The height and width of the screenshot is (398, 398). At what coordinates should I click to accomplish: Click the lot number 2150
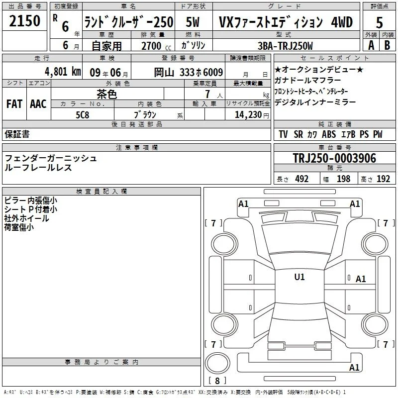pos(24,21)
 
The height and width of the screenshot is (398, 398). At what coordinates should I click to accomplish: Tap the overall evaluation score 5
pos(379,23)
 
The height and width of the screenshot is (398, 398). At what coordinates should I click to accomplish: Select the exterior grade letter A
pos(371,45)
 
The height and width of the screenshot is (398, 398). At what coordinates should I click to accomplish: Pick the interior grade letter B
pos(387,45)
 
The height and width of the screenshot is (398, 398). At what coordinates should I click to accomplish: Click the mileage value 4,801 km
pos(63,72)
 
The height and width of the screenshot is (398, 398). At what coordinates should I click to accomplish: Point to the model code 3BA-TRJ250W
pos(285,46)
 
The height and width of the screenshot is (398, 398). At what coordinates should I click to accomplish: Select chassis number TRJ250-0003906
pos(334,158)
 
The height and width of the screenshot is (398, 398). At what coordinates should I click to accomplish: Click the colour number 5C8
pos(83,115)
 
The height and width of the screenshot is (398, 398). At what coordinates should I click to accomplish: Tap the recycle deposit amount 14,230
pos(248,115)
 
